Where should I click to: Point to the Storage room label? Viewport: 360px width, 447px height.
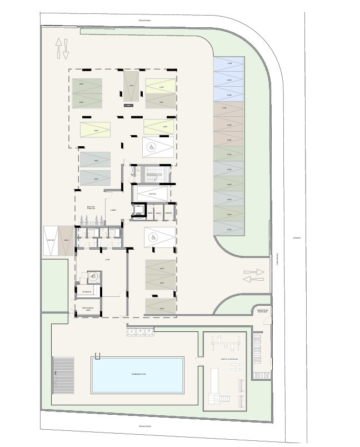point(87,291)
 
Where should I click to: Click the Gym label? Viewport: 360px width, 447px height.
point(108,260)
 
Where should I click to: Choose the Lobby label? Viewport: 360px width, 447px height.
point(113,210)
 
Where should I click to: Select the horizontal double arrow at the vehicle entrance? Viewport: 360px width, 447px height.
point(254,274)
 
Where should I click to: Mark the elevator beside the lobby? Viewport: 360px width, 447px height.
point(137,211)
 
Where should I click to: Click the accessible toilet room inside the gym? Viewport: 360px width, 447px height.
point(93,276)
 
